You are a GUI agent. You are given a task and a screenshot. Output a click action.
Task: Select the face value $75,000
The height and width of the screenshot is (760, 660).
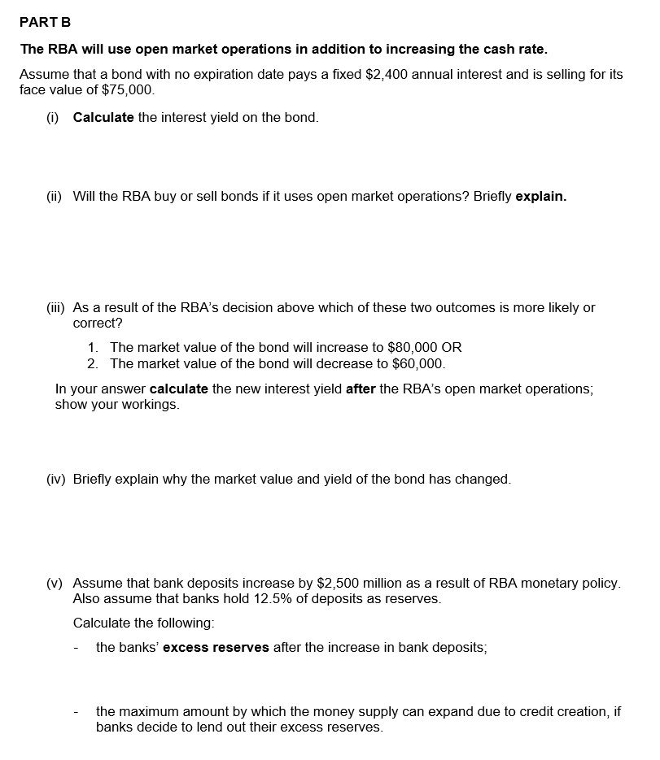(x=123, y=89)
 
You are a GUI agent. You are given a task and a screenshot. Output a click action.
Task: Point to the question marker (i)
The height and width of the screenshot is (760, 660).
(x=53, y=117)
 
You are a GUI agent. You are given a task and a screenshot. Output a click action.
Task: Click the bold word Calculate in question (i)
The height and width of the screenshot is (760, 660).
(x=103, y=117)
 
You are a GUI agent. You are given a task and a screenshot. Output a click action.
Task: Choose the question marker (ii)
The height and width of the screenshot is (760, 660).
(x=55, y=197)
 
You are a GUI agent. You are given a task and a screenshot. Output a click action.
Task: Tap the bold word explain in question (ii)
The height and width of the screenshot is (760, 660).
(x=541, y=197)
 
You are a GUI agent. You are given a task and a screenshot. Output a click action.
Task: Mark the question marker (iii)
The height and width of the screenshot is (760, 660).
(x=56, y=308)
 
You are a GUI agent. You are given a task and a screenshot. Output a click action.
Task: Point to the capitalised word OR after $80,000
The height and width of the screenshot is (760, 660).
(x=452, y=347)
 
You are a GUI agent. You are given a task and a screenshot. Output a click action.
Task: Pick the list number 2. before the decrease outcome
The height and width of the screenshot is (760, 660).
(x=93, y=363)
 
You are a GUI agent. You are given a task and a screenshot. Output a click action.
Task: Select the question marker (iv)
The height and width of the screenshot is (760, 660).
(x=56, y=479)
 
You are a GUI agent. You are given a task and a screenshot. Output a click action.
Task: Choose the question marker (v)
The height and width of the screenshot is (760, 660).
(x=55, y=583)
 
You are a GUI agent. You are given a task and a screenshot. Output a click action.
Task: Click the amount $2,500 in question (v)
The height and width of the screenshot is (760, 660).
(x=338, y=583)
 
